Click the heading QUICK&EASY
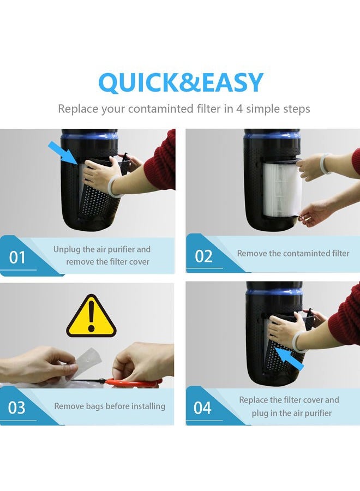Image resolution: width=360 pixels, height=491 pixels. pos(181,82)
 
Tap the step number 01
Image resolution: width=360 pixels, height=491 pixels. pos(17,258)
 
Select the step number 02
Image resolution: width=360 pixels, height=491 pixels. pos(203,256)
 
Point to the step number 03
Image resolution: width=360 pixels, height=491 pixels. pos(16,408)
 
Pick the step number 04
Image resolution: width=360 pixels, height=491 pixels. pos(202,408)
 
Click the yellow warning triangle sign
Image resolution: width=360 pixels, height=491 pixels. pos(92,316)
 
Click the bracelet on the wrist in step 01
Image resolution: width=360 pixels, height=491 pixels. pos(113,187)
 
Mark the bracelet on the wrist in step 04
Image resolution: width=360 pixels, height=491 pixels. pos(298,342)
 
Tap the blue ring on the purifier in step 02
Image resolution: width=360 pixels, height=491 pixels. pos(272,137)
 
